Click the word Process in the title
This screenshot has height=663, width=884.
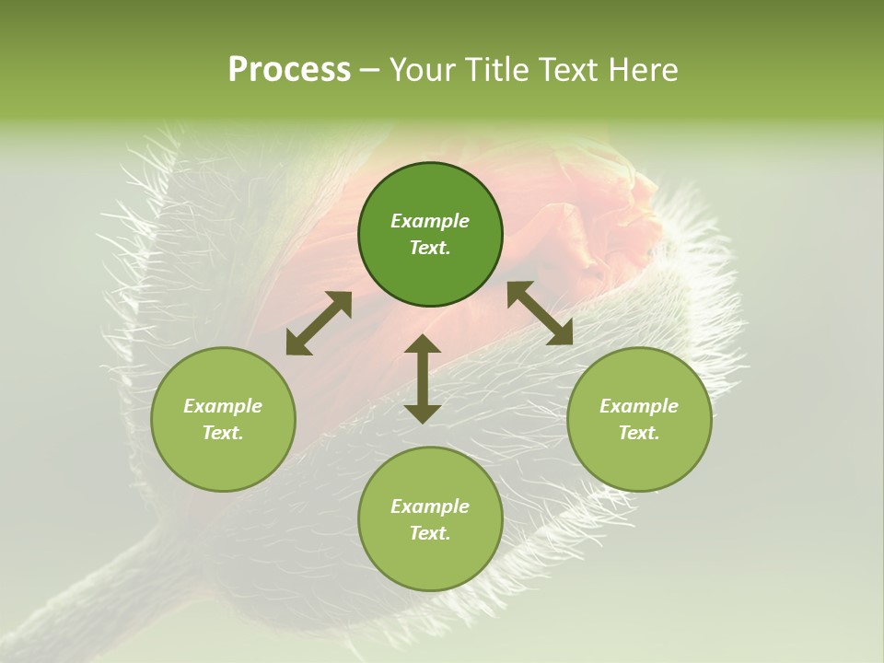pos(289,70)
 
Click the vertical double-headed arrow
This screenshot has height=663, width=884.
pos(423,378)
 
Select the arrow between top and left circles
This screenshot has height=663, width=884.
pos(319,323)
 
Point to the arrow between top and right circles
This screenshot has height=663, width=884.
pos(540,313)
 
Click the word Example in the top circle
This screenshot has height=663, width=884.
pos(430,221)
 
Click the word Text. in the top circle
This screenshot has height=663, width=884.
pos(430,248)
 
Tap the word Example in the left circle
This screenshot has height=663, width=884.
pos(223,406)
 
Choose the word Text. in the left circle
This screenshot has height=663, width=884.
pos(223,433)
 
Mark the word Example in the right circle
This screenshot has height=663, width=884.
pos(639,406)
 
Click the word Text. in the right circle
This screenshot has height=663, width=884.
pos(639,433)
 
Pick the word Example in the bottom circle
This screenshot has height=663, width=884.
pos(430,506)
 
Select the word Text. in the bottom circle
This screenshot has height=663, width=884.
pos(430,533)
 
